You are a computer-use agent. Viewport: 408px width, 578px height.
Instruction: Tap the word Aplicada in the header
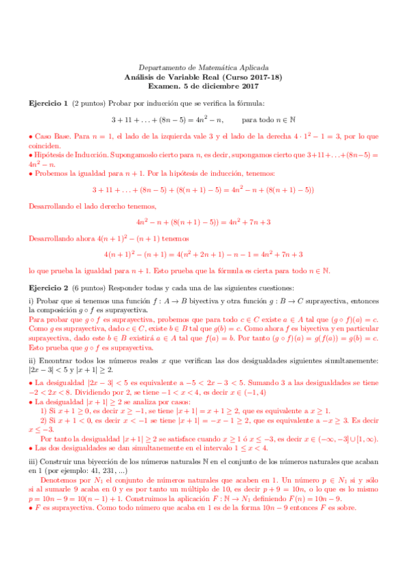tap(252, 68)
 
